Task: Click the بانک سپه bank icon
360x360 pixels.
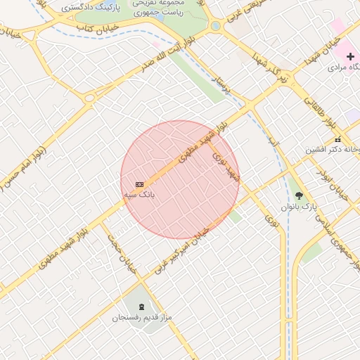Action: pyautogui.click(x=139, y=184)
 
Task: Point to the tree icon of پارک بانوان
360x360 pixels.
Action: pyautogui.click(x=300, y=195)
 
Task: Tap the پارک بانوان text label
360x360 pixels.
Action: pyautogui.click(x=300, y=207)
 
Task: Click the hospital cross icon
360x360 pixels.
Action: pyautogui.click(x=350, y=56)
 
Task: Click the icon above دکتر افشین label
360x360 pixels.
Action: pyautogui.click(x=337, y=139)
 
